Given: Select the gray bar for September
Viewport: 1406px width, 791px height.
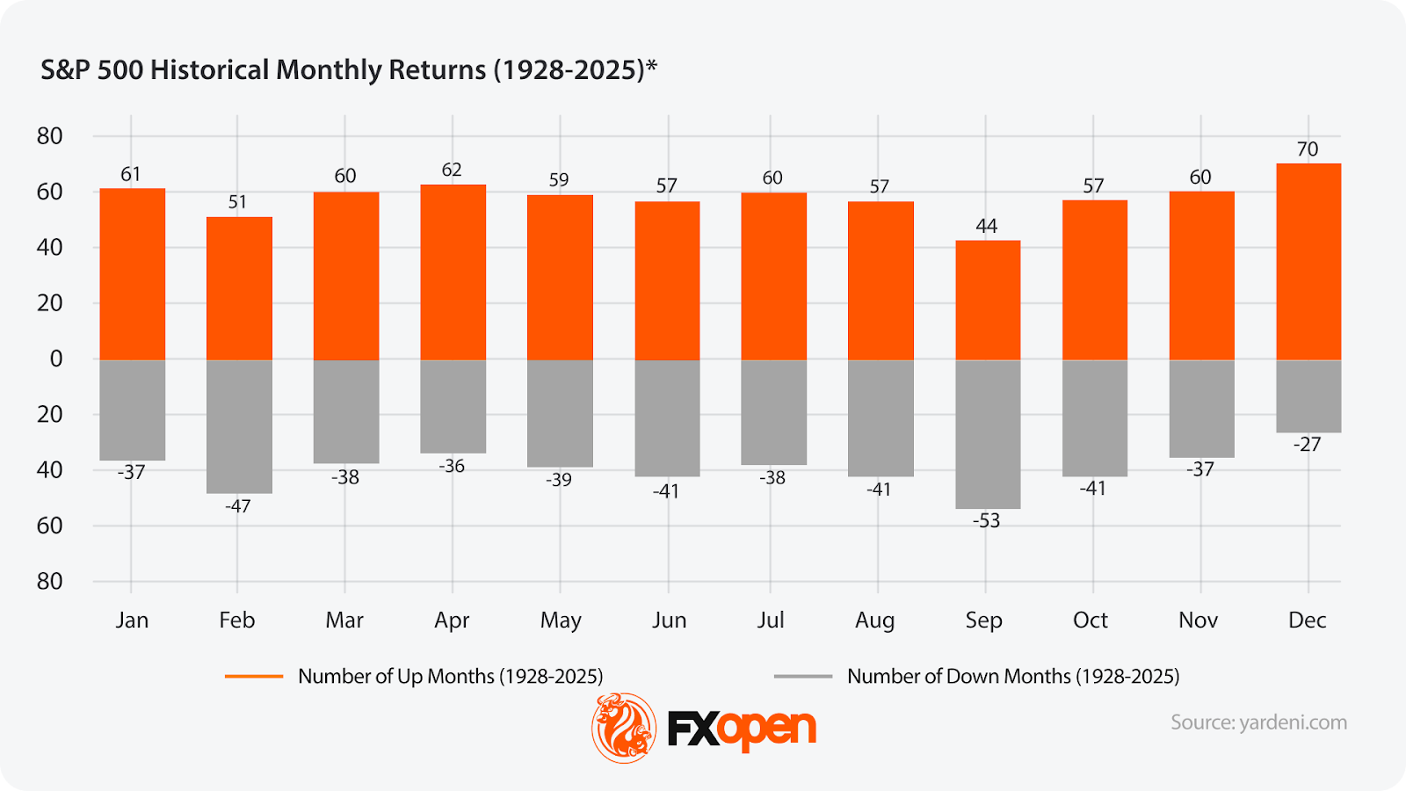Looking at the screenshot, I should coord(988,434).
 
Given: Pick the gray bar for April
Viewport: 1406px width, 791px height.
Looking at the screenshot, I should coord(453,406).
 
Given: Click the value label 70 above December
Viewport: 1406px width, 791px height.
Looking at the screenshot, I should coord(1308,149).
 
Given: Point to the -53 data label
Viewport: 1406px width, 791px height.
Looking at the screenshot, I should coord(986,521).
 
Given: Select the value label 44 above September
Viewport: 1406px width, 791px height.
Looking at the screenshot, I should coord(987,226).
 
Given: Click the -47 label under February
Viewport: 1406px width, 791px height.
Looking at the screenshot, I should coord(237,506).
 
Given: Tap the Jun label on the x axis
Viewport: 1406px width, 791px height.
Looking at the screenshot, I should coord(669,620).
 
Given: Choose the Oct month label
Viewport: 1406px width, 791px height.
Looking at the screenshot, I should coord(1091,620).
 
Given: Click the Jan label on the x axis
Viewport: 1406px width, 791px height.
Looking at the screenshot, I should coord(132,620).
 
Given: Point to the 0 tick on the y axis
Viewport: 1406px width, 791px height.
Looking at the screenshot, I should coord(56,359).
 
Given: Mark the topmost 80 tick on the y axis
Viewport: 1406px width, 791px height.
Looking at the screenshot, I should coord(50,136).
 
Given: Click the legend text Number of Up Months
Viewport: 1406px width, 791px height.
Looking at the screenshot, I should coord(450,677).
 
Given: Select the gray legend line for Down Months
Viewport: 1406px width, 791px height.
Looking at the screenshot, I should coord(802,677).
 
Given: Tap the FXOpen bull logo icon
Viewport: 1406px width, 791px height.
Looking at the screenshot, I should coord(624,728).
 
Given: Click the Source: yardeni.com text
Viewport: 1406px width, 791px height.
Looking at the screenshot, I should coord(1258,722).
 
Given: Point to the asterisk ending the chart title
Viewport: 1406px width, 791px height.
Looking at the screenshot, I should coord(651,67).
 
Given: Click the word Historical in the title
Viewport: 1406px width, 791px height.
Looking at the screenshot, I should coord(210,70).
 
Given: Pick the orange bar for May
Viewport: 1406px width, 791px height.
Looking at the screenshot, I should coord(560,277).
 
